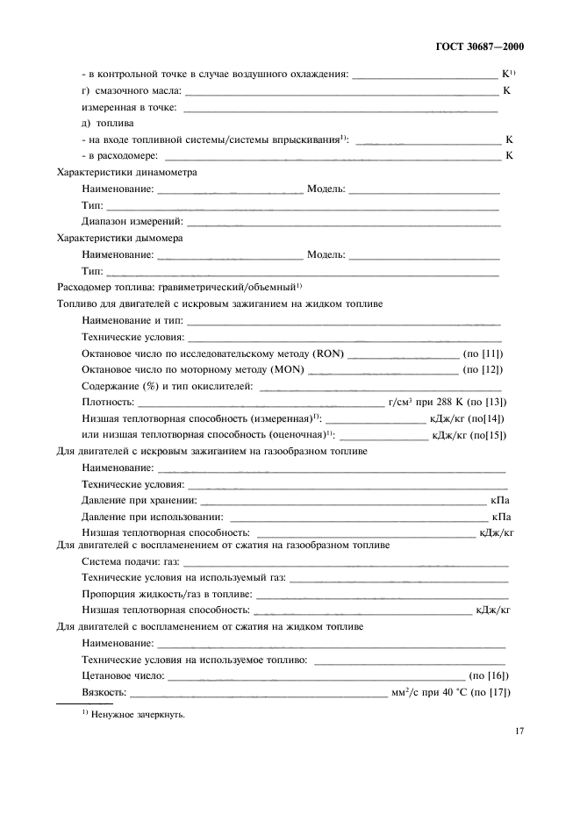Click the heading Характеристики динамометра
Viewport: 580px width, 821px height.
pos(126,173)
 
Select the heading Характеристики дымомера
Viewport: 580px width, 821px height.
pos(118,238)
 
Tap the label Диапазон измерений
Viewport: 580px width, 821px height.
pos(132,221)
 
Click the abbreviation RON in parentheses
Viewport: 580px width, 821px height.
pos(328,353)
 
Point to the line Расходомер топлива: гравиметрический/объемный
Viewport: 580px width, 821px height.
pos(179,287)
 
